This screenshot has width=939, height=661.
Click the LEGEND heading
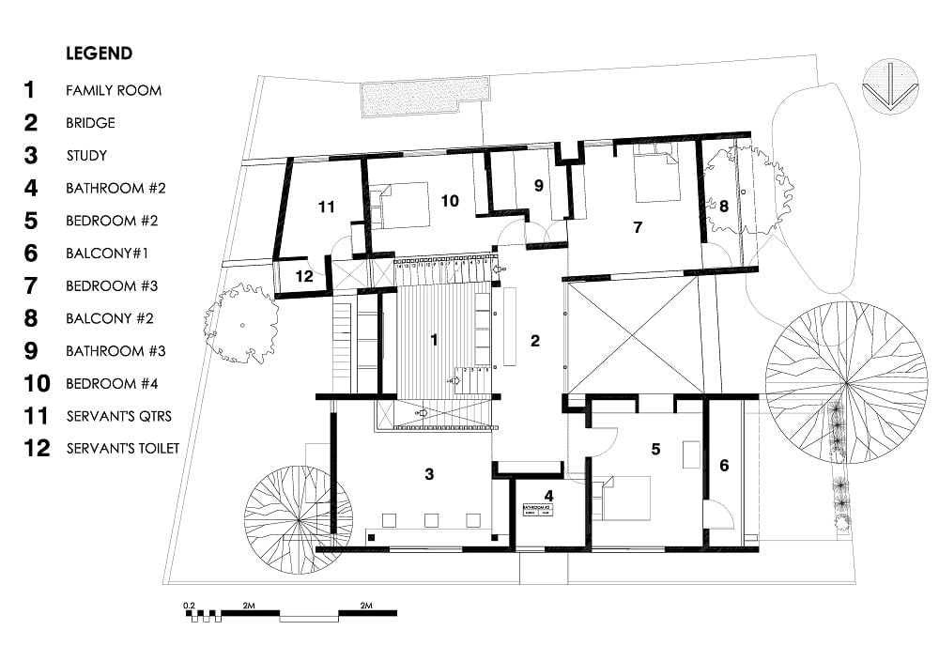[99, 54]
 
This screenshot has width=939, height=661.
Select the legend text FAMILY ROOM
[114, 91]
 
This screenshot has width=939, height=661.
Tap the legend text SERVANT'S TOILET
[122, 449]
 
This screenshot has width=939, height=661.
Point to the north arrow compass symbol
[887, 87]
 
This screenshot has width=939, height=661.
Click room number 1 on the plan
[434, 340]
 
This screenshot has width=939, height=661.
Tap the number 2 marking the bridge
[535, 341]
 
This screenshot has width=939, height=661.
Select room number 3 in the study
[429, 474]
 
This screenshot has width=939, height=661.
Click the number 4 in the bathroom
[549, 495]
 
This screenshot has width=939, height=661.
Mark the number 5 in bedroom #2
[656, 450]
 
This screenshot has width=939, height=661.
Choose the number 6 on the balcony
[724, 464]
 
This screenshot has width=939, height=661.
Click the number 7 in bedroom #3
[638, 227]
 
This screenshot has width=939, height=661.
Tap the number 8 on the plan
[724, 205]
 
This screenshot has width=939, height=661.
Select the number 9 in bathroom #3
[538, 186]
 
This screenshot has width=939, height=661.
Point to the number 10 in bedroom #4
[449, 201]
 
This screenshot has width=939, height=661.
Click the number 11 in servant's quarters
[326, 208]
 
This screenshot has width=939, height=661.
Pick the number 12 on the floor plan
[304, 276]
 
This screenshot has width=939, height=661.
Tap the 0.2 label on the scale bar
[189, 606]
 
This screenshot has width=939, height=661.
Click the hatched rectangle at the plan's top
[424, 92]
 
